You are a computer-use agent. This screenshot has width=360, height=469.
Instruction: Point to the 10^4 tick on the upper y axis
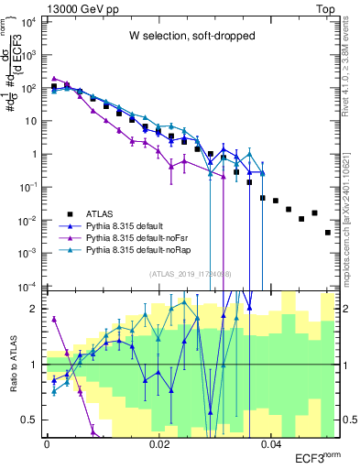pyautogui.click(x=29, y=21)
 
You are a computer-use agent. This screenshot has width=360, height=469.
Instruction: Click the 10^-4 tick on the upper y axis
pyautogui.click(x=28, y=287)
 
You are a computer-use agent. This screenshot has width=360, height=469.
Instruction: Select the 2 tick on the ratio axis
pyautogui.click(x=37, y=309)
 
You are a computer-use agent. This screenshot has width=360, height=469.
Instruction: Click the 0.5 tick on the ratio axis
pyautogui.click(x=32, y=420)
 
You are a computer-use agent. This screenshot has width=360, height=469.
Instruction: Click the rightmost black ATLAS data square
pyautogui.click(x=328, y=233)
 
